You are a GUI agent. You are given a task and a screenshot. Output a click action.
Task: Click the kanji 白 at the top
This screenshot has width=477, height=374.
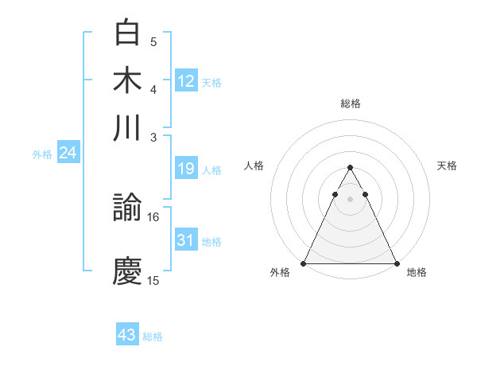click(x=128, y=34)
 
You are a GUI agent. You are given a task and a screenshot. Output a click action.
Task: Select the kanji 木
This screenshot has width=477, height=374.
click(x=128, y=81)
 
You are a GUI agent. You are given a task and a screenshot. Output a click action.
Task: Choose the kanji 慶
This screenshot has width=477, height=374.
click(x=128, y=271)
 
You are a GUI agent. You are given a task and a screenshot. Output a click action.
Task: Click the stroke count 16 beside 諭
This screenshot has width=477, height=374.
click(x=153, y=216)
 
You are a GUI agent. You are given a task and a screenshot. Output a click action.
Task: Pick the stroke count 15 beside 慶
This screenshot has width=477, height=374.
click(x=153, y=280)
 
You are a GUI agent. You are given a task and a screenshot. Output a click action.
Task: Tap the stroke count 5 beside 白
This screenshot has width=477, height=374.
click(x=153, y=42)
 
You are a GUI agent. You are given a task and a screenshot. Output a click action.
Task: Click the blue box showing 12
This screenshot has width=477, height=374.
click(x=186, y=80)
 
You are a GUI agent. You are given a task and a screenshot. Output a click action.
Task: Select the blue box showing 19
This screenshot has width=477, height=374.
click(x=186, y=169)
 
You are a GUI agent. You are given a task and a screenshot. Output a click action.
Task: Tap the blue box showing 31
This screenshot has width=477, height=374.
click(x=186, y=240)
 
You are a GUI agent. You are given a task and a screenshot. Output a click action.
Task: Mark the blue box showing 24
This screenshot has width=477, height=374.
click(x=68, y=153)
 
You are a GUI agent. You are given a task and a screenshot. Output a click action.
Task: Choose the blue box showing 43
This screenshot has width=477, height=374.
click(x=127, y=335)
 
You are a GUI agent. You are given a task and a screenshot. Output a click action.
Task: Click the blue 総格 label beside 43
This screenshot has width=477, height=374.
click(x=153, y=337)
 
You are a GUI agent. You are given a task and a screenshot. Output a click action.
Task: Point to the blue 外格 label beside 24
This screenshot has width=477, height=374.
click(x=42, y=154)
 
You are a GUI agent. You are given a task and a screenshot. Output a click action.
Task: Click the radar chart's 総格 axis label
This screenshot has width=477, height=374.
click(x=350, y=103)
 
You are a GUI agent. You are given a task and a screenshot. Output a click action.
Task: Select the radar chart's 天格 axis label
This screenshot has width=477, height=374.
click(x=448, y=166)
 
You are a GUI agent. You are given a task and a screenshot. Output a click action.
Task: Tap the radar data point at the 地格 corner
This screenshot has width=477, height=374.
click(x=396, y=263)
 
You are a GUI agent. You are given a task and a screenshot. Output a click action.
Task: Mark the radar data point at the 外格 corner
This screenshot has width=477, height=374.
click(x=304, y=263)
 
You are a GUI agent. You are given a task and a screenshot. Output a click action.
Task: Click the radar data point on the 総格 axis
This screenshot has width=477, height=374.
click(x=350, y=168)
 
